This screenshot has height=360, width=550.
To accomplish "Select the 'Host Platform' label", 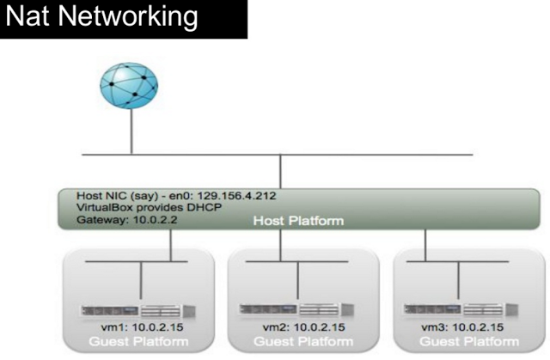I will [x=299, y=221].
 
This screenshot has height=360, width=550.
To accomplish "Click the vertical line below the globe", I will [x=131, y=133].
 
